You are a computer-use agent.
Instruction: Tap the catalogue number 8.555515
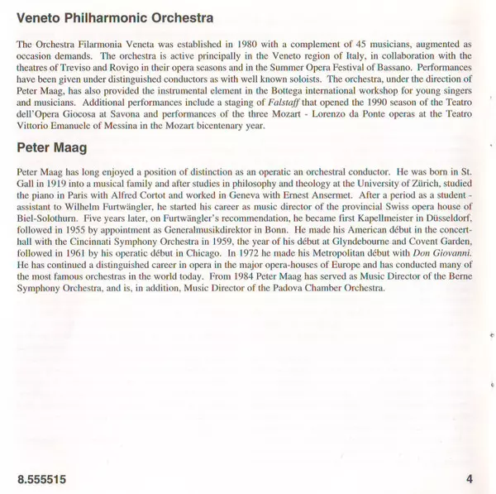pyautogui.click(x=41, y=479)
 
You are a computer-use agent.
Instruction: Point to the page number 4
pyautogui.click(x=470, y=479)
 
